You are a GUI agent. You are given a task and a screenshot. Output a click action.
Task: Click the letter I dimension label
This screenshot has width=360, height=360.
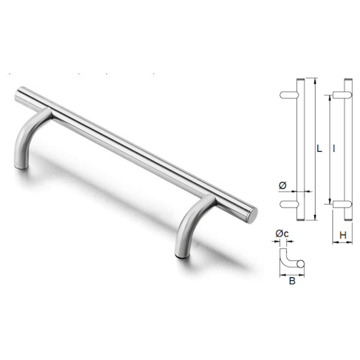pyautogui.click(x=334, y=147)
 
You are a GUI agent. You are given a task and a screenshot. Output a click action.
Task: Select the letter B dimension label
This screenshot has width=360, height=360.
pyautogui.click(x=292, y=281)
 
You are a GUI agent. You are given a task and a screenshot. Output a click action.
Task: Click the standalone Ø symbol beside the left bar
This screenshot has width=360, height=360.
pyautogui.click(x=283, y=185)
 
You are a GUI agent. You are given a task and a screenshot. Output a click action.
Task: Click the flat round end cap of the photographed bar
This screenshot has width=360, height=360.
pyautogui.click(x=253, y=214)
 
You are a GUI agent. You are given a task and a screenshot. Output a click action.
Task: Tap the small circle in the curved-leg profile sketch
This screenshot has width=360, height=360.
pyautogui.click(x=301, y=263)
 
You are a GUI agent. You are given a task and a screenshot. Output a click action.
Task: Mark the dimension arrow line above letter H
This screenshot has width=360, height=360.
pyautogui.click(x=343, y=243)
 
